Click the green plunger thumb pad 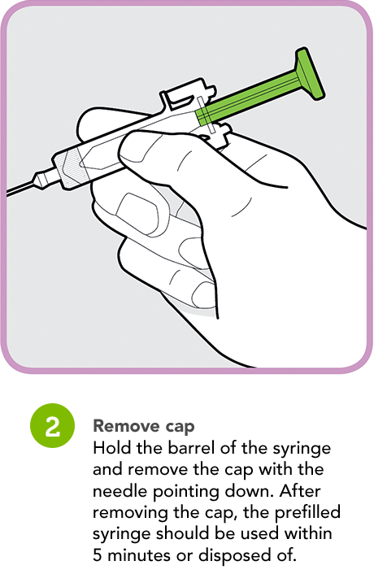tap(310, 73)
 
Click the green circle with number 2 tap(52, 426)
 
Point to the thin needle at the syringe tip tap(21, 189)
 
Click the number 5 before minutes tap(98, 555)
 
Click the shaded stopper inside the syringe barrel tap(70, 167)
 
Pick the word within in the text tap(307, 534)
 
